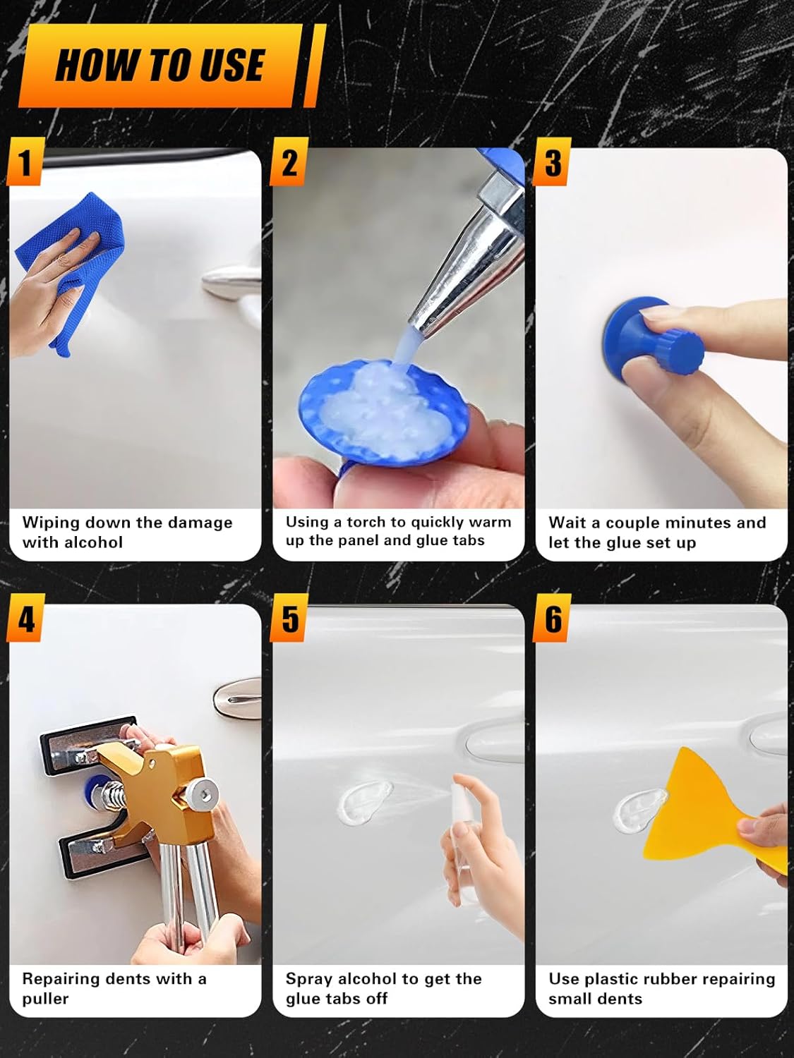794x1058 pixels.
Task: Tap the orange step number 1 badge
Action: coord(25,162)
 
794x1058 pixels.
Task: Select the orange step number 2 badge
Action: coord(288,162)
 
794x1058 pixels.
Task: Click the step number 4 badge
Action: coord(25,617)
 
